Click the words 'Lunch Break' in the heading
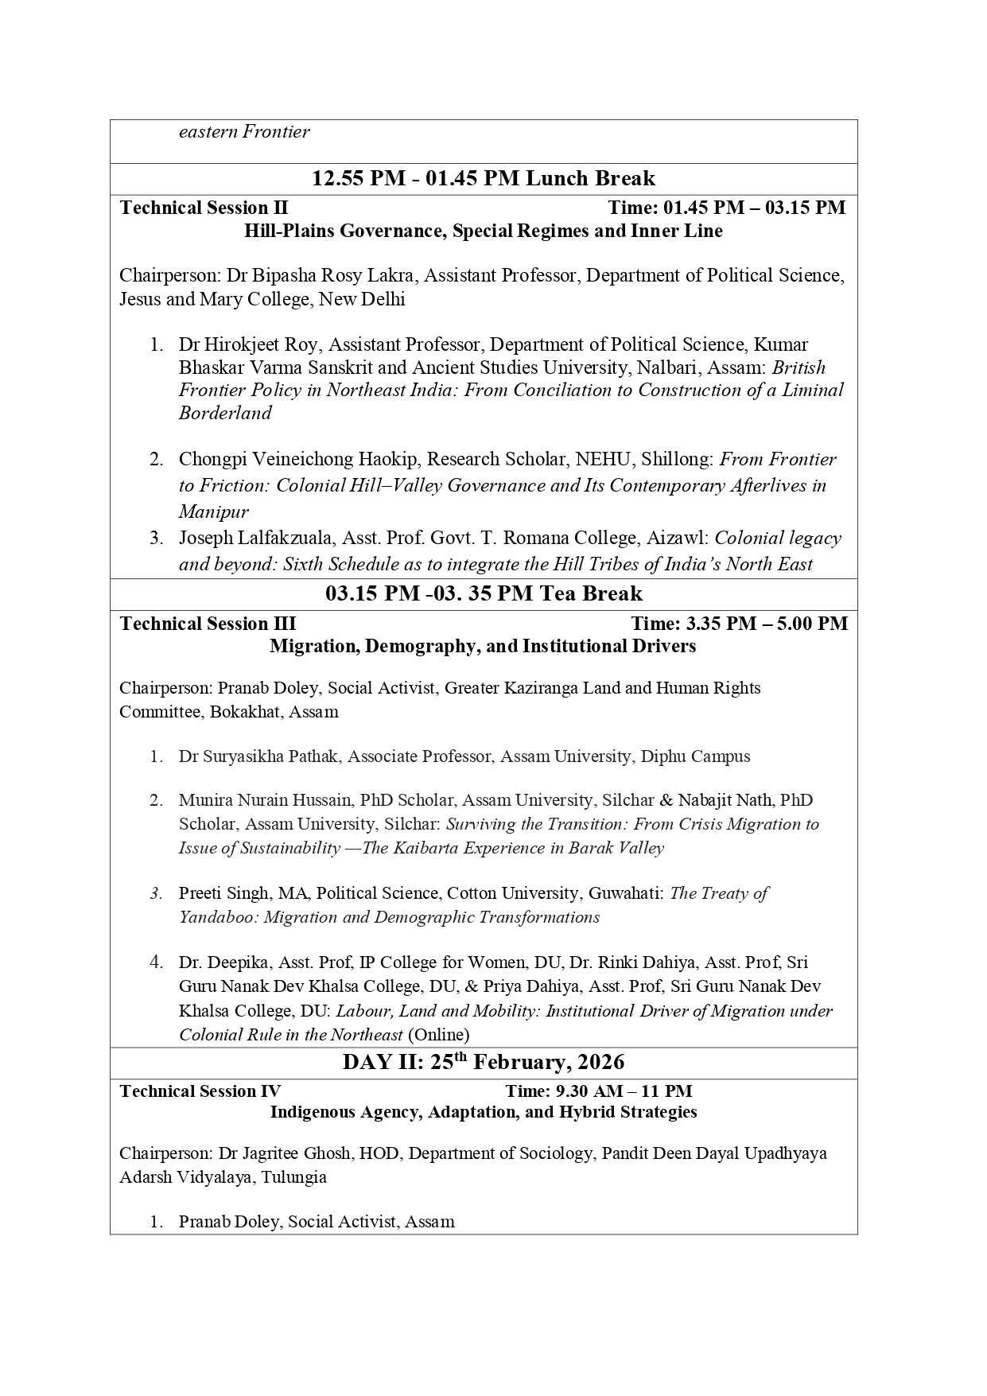coord(589,178)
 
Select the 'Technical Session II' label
coord(204,208)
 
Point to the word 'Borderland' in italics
coord(225,413)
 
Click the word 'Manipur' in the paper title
coord(213,511)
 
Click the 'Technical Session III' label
coord(208,624)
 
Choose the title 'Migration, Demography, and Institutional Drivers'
coord(483,646)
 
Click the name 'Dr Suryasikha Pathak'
coord(259,756)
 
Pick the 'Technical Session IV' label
coord(200,1091)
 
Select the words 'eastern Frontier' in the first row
coord(243,132)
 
